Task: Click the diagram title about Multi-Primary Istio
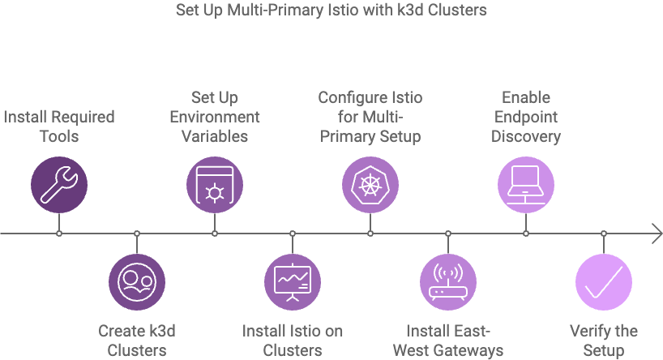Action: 331,11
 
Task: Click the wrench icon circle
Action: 59,185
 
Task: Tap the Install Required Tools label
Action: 59,126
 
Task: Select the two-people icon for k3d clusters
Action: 137,281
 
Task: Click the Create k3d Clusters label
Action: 137,341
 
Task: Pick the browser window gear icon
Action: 215,185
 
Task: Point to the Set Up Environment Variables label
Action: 215,117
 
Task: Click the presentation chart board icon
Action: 293,281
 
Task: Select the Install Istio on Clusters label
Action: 293,341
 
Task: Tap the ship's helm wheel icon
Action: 370,185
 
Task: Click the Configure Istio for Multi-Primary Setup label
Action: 370,117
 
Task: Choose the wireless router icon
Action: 448,281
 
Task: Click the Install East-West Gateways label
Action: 448,341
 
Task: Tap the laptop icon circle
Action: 526,185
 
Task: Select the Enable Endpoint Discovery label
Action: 526,117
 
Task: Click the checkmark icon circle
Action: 604,281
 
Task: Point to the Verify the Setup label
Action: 604,341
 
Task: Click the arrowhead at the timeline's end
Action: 657,234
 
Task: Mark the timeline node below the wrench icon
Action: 59,234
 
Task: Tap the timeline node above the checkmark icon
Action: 604,234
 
